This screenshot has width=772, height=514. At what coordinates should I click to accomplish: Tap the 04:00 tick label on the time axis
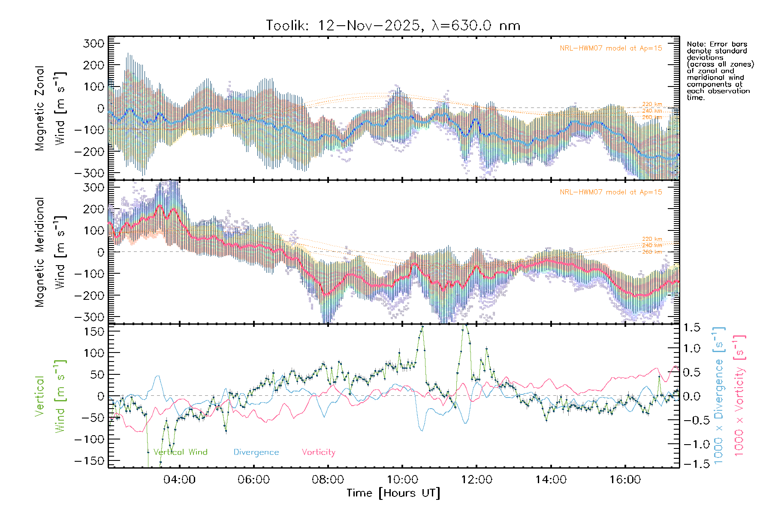(179, 480)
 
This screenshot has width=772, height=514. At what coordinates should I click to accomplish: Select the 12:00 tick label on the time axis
(476, 480)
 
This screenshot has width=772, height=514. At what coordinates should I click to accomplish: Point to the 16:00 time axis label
(625, 480)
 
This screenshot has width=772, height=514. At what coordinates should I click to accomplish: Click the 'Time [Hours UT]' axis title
(393, 493)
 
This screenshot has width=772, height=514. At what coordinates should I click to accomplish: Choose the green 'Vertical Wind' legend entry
(180, 452)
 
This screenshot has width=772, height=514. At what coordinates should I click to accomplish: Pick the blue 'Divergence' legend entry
(256, 452)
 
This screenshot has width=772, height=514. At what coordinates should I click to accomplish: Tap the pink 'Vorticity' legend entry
(318, 452)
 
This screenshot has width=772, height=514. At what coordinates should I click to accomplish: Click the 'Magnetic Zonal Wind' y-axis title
(51, 108)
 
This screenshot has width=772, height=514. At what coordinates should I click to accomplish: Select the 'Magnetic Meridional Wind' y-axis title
(51, 252)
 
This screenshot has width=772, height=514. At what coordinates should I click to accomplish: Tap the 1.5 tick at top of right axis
(692, 328)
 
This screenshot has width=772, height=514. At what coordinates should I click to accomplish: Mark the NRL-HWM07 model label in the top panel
(611, 48)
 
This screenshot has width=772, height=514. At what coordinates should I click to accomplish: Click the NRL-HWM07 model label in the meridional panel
(611, 192)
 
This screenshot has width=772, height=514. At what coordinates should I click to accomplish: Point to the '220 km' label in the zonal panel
(652, 104)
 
